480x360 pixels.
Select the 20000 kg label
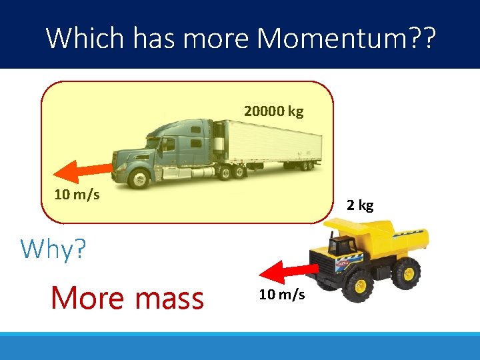[273, 111]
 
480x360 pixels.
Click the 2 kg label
[360, 205]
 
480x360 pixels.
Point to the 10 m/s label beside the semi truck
[77, 195]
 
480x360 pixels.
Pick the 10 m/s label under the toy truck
[282, 294]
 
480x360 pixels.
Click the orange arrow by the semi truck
[81, 170]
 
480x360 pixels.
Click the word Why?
[53, 249]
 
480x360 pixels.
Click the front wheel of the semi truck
[139, 178]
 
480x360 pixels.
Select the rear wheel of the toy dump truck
[405, 272]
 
